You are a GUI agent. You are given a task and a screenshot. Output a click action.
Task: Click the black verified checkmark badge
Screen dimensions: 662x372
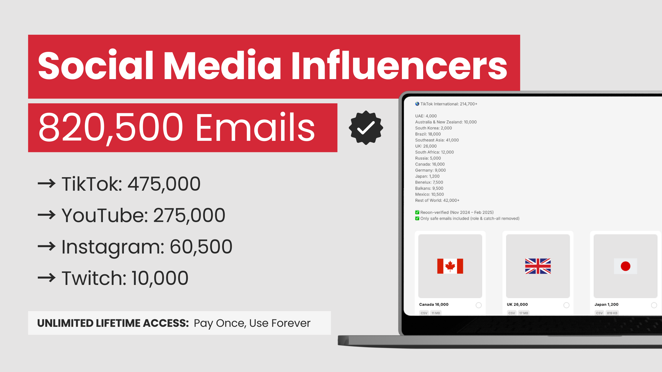click(x=366, y=128)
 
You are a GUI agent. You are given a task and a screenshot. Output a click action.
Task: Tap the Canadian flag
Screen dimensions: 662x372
click(x=450, y=266)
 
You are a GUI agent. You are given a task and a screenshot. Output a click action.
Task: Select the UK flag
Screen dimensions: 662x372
click(x=538, y=266)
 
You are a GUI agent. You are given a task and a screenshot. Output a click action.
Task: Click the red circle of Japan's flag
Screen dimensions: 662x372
click(x=626, y=266)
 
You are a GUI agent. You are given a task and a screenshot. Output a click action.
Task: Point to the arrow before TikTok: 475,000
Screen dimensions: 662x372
click(x=47, y=183)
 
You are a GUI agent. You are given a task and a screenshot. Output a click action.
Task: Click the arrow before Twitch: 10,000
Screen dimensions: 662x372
click(x=47, y=277)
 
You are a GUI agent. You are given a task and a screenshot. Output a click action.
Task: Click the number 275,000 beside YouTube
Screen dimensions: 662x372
click(x=189, y=215)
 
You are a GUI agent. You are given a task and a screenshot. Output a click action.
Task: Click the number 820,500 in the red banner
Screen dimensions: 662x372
click(x=111, y=128)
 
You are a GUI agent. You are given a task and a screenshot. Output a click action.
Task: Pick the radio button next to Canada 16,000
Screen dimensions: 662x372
click(x=479, y=305)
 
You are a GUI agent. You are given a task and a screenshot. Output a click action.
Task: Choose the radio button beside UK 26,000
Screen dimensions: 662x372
click(x=566, y=305)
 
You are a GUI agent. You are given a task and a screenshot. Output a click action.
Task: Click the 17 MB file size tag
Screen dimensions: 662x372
click(x=524, y=313)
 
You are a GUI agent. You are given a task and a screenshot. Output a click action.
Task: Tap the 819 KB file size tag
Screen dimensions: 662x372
click(x=612, y=313)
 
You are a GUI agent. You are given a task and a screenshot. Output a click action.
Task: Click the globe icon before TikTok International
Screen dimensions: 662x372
click(x=417, y=104)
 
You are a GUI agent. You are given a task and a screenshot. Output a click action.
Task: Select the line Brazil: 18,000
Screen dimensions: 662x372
click(x=428, y=134)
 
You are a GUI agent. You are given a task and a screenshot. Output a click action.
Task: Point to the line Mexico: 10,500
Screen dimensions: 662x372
click(x=429, y=194)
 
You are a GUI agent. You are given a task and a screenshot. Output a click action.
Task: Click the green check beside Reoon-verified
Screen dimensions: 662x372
click(x=417, y=212)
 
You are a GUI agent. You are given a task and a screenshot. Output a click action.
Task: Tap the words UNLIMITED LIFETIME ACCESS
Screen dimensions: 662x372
click(x=113, y=323)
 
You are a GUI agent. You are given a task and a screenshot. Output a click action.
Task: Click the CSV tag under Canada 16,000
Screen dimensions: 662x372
click(x=424, y=313)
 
